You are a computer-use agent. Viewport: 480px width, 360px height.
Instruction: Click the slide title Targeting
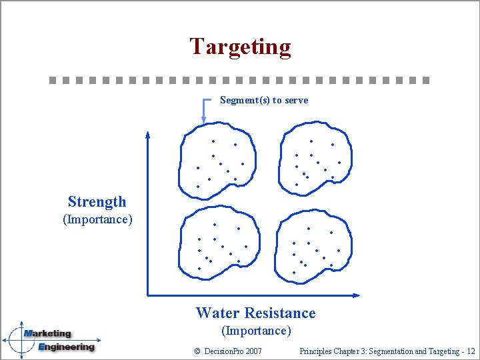(x=240, y=47)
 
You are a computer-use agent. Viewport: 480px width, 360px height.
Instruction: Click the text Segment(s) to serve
(x=264, y=101)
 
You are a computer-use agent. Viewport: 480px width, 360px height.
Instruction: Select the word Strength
(x=97, y=202)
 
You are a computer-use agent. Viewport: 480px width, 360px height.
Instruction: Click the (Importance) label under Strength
(x=97, y=219)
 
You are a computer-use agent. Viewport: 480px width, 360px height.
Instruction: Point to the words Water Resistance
(x=255, y=313)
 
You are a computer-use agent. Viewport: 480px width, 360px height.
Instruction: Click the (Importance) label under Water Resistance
(x=256, y=331)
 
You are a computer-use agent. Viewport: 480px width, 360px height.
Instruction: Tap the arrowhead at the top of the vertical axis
(x=147, y=136)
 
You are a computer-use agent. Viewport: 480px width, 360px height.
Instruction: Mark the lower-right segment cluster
(x=314, y=245)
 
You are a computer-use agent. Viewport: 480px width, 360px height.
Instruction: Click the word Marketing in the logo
(x=47, y=334)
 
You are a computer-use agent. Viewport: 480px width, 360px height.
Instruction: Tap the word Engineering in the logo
(x=66, y=347)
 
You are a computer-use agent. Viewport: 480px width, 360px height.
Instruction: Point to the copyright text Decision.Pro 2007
(x=227, y=351)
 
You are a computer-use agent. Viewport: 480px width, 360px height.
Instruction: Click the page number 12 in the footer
(x=471, y=351)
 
